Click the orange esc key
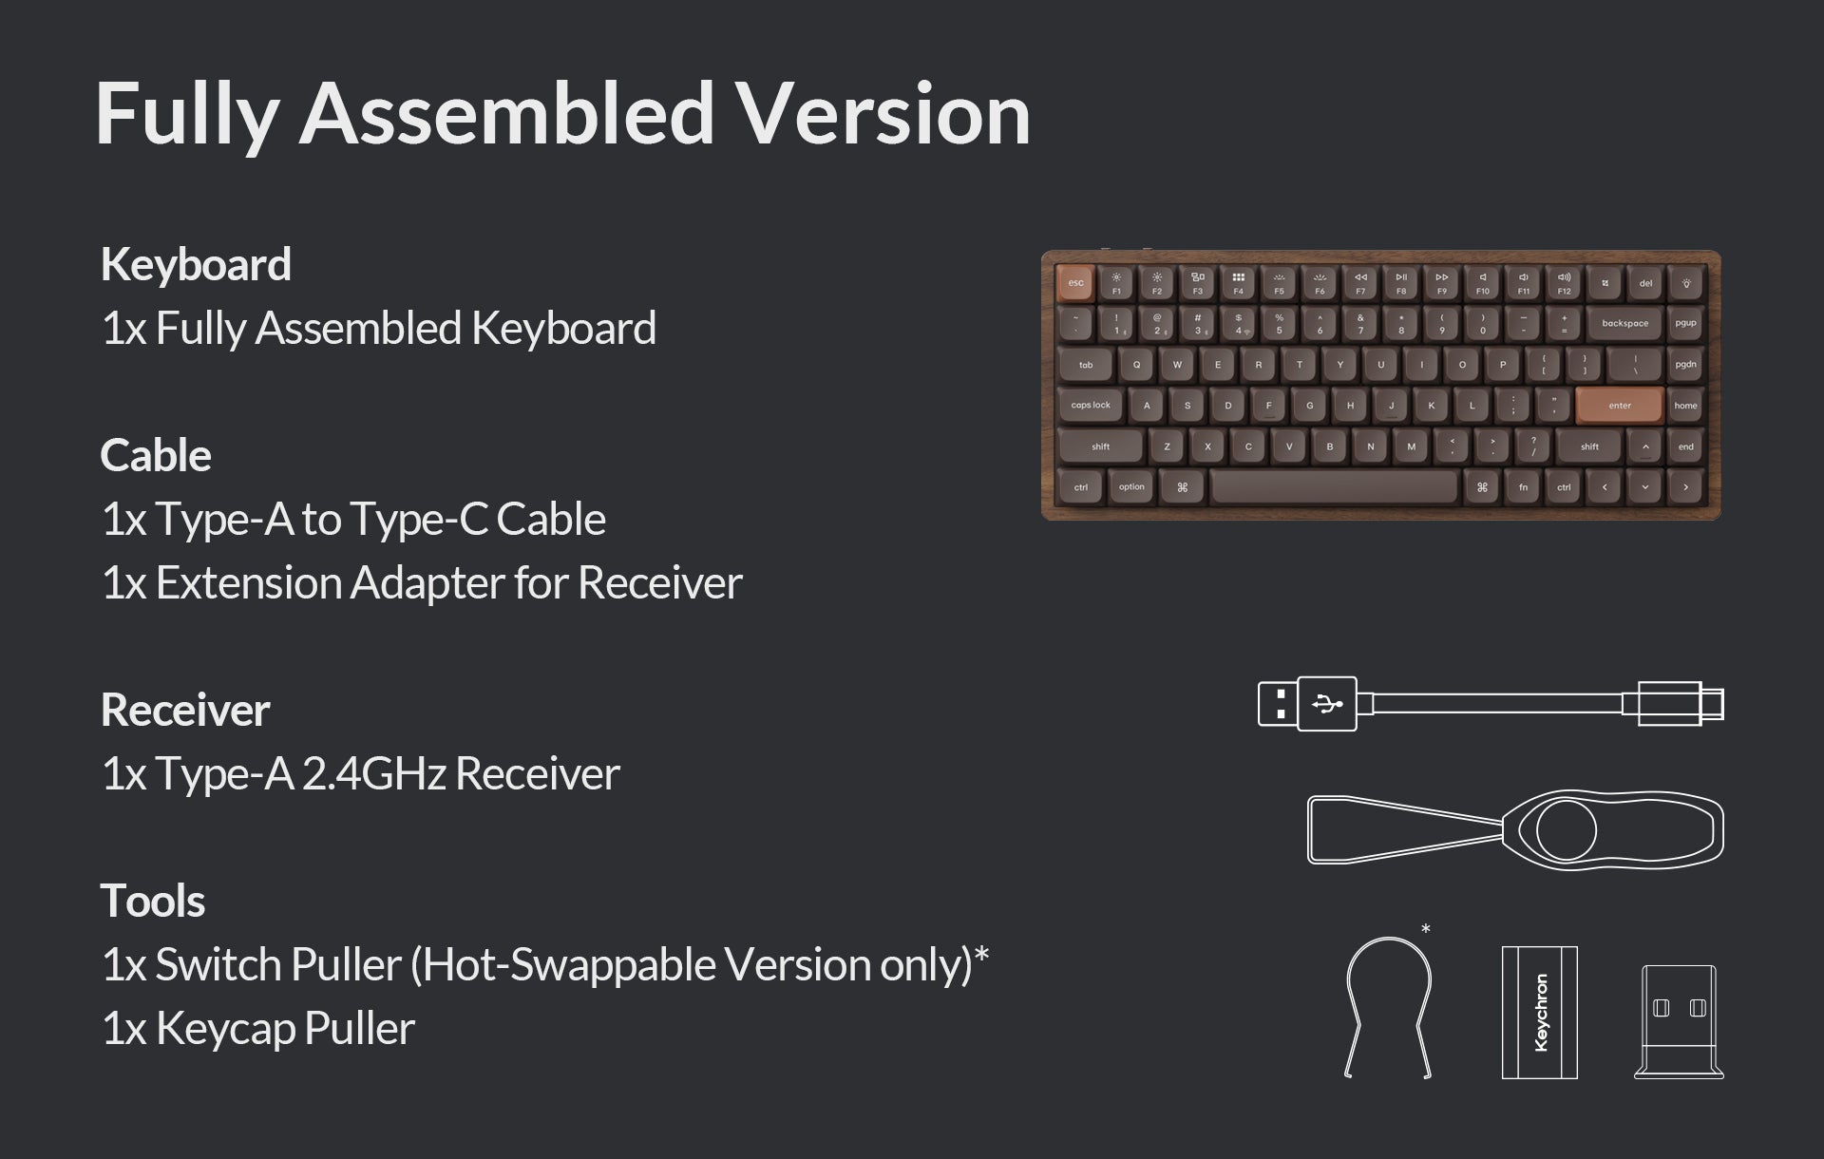1075,283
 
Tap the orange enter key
1620,406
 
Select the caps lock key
1091,406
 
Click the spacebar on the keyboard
1335,487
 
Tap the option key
1131,487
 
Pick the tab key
1086,365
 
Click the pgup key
1686,323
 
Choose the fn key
1524,487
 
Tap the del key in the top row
1645,283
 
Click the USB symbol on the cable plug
1327,704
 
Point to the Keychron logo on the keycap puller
1541,1013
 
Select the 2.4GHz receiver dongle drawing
1680,1022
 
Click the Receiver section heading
185,710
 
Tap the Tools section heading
153,901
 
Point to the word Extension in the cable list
248,582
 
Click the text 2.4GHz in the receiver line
374,773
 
